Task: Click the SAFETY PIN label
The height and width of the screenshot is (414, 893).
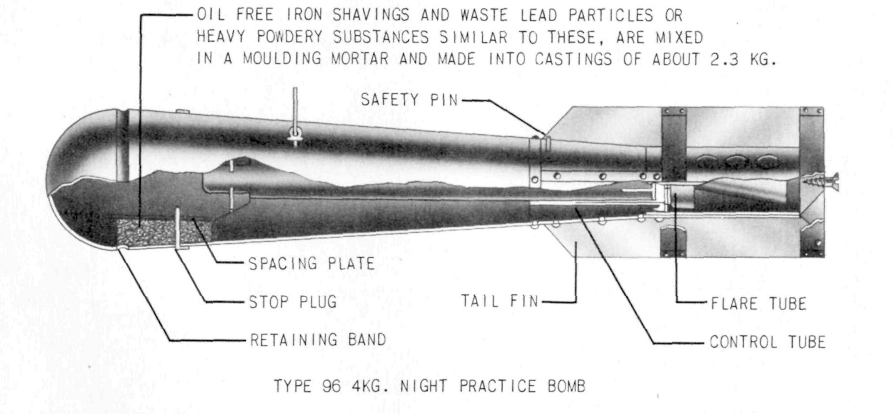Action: tap(409, 100)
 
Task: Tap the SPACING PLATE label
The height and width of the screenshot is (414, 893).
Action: tap(312, 264)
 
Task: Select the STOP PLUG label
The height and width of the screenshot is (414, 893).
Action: tap(293, 302)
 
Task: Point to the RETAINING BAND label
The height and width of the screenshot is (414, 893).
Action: tap(318, 340)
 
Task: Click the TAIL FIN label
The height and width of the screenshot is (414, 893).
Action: tap(500, 302)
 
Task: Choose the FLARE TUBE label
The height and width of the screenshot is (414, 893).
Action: tap(758, 304)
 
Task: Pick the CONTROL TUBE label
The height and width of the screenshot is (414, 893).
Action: tap(768, 342)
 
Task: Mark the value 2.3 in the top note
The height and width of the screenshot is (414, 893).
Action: tap(724, 60)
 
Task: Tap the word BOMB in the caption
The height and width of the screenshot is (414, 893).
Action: tap(566, 387)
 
